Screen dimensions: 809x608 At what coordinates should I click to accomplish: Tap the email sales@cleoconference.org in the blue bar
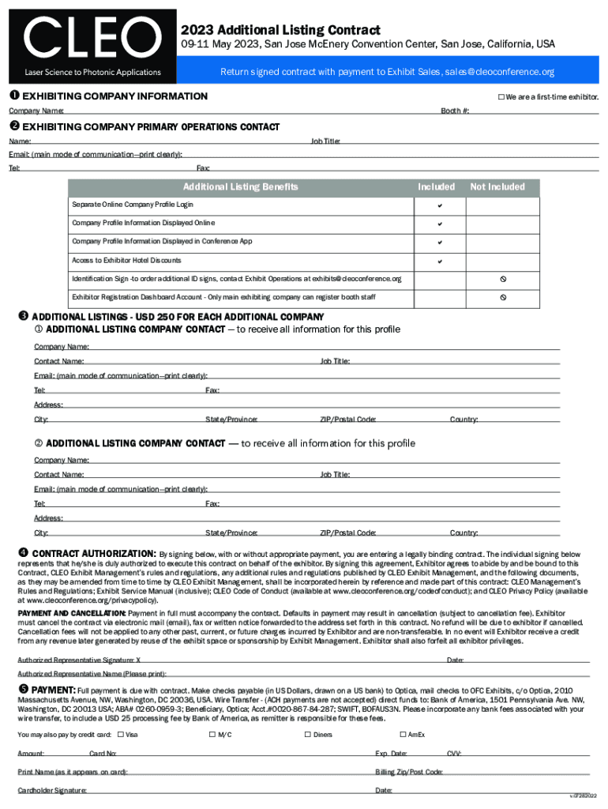pos(500,72)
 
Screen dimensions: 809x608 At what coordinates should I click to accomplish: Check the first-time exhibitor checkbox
pos(501,97)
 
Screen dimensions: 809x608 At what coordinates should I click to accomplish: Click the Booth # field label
pos(455,111)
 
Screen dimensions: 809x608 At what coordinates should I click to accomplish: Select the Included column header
pos(436,187)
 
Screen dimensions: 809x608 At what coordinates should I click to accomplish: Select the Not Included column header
pos(497,187)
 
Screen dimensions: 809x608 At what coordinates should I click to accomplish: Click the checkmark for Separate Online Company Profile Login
pos(439,205)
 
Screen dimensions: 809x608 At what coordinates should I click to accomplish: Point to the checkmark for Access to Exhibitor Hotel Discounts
pos(439,261)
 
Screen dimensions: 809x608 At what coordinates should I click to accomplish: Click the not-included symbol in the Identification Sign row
pos(501,280)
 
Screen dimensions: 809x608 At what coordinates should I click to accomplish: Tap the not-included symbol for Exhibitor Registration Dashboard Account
pos(501,298)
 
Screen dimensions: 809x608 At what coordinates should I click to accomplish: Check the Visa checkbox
pos(120,735)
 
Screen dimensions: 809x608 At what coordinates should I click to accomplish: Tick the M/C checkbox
pos(212,735)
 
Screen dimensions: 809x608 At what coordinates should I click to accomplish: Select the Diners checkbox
pos(307,735)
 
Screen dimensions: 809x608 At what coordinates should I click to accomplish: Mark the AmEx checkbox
pos(402,735)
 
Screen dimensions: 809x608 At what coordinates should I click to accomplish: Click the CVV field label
pos(454,754)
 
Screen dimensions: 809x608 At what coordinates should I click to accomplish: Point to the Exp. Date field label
pos(391,754)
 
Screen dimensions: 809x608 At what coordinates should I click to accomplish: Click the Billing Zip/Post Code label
pos(408,772)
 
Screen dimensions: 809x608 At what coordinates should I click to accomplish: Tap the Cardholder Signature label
pos(52,791)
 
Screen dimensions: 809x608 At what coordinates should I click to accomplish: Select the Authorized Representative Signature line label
pos(79,660)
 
